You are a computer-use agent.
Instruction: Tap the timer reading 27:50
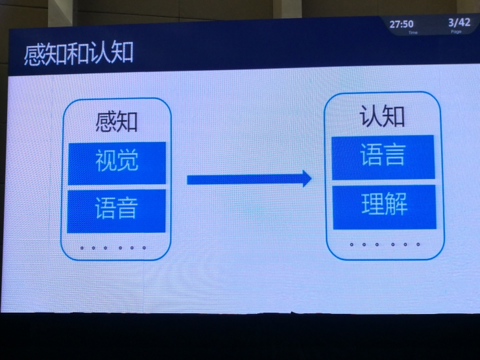point(402,24)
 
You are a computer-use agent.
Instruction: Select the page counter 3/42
point(459,23)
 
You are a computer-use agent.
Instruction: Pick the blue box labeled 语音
point(117,210)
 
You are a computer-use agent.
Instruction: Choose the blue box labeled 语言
point(383,156)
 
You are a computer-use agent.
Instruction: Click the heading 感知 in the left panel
point(117,122)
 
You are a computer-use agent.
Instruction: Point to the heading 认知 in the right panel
point(383,116)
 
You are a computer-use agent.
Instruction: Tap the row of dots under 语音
point(113,248)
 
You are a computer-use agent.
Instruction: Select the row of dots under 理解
point(385,245)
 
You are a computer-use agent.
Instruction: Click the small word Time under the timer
point(413,32)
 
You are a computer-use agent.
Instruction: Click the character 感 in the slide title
point(34,54)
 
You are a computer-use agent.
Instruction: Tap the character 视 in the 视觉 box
point(106,162)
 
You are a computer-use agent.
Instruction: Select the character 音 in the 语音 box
point(128,210)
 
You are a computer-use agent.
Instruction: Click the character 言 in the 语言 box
point(395,156)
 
